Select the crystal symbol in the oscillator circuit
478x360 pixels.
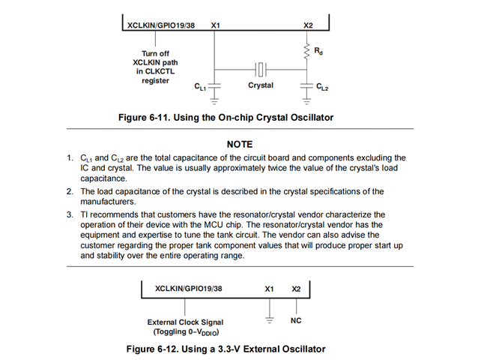[x=260, y=69]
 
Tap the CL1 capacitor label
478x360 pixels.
[x=200, y=88]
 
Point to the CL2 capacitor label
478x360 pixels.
[x=321, y=88]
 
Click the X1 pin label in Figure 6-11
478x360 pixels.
[x=216, y=25]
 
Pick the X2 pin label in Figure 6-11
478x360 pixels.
[x=307, y=25]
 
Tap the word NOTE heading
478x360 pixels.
[x=239, y=143]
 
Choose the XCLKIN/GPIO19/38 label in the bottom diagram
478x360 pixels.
[x=188, y=288]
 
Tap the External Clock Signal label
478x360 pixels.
[x=184, y=322]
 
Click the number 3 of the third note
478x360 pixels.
[x=68, y=214]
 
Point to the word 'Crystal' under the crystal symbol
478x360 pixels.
[x=261, y=85]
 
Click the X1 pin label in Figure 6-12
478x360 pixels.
[x=269, y=288]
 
